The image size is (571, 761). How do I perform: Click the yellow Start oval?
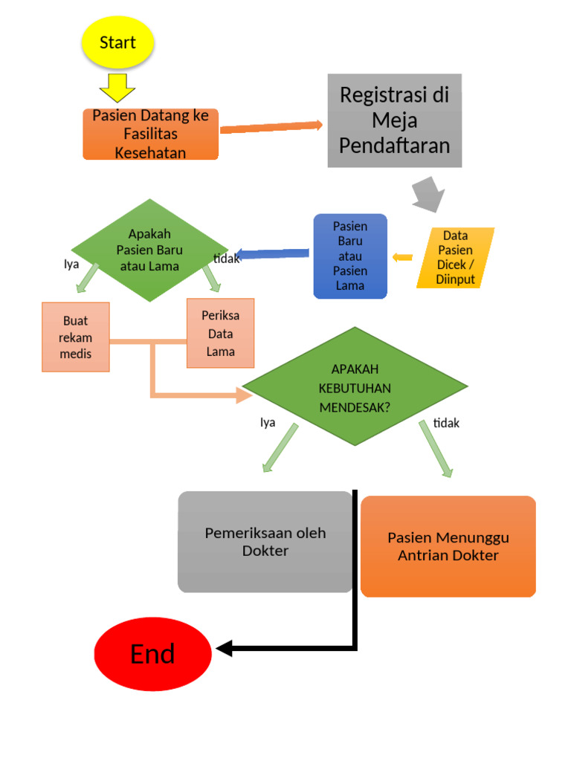click(x=117, y=42)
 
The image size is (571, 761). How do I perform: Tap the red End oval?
click(x=153, y=654)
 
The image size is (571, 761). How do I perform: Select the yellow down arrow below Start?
click(x=117, y=87)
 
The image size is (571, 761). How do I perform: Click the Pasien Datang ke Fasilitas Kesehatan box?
click(x=150, y=134)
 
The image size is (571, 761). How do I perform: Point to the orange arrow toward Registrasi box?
click(x=271, y=127)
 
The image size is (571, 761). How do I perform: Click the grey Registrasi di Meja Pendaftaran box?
click(x=395, y=120)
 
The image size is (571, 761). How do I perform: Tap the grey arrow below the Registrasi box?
click(x=429, y=194)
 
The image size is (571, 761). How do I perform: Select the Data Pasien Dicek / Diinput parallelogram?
click(x=456, y=258)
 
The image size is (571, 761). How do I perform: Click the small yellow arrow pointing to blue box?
click(x=402, y=258)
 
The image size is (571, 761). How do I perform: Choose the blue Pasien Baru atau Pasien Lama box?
click(x=350, y=256)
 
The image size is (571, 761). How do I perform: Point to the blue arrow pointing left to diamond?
click(x=271, y=254)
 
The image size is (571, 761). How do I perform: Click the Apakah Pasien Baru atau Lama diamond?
click(x=149, y=250)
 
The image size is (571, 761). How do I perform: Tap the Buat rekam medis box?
click(x=76, y=337)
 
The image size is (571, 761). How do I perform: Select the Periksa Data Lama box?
click(x=220, y=333)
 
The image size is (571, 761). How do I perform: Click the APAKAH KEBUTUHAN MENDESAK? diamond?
click(x=355, y=387)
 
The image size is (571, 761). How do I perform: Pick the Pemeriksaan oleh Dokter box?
click(x=265, y=542)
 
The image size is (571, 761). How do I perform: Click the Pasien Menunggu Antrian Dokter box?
click(x=448, y=546)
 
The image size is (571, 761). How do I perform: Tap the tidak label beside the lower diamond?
click(x=447, y=423)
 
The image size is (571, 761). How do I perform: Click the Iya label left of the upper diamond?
click(x=71, y=263)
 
